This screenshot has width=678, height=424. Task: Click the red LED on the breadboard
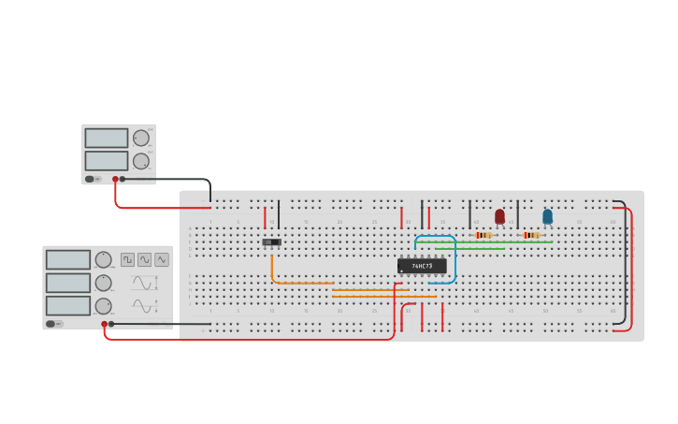499,216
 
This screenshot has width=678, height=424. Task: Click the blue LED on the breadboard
547,216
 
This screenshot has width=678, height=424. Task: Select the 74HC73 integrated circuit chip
422,266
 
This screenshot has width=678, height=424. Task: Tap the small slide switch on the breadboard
271,242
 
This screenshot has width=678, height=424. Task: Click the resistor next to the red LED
483,235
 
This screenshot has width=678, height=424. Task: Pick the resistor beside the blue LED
531,235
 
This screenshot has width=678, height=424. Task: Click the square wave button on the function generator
127,259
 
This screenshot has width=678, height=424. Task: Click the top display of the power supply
106,138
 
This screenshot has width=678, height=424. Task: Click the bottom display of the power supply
106,160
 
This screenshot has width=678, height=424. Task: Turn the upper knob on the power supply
141,138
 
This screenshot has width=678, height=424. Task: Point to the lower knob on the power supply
141,161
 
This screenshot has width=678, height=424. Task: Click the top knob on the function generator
103,259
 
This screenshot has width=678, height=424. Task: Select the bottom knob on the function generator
103,305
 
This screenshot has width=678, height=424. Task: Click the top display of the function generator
67,259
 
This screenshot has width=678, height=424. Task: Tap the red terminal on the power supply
115,179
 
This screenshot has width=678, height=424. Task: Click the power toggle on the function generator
55,324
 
